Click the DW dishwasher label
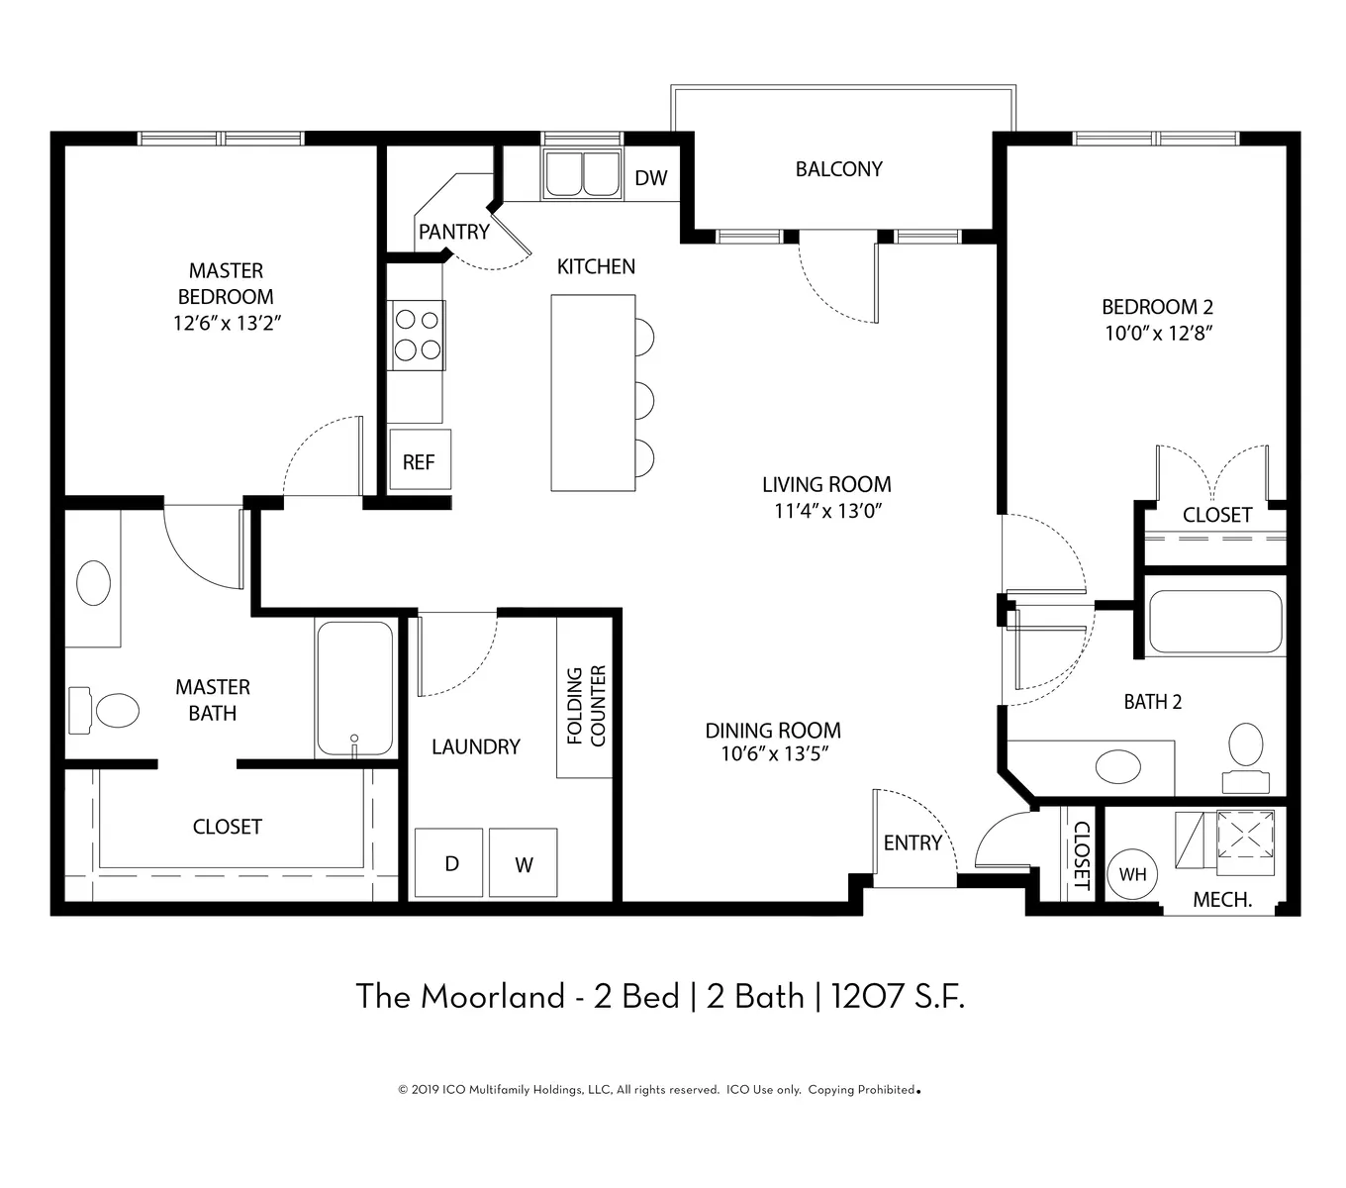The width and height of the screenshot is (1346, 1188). click(x=650, y=177)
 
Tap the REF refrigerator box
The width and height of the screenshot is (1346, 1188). click(x=420, y=459)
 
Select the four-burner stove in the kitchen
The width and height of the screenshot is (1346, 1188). click(x=417, y=335)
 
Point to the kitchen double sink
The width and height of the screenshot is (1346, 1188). click(x=583, y=173)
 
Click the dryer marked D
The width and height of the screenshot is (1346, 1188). click(x=448, y=862)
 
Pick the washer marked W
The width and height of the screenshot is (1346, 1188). click(x=523, y=862)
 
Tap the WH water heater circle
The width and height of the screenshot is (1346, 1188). click(x=1132, y=874)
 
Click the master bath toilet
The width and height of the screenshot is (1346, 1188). click(x=104, y=710)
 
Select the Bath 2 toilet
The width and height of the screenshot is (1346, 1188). click(x=1246, y=757)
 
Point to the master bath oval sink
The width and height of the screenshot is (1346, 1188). click(x=94, y=582)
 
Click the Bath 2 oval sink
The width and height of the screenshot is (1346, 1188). click(x=1118, y=766)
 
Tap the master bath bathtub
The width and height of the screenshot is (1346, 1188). click(x=355, y=689)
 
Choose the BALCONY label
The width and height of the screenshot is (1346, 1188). click(x=838, y=169)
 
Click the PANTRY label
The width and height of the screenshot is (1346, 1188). click(x=453, y=232)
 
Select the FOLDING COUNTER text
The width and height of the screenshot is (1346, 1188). click(x=586, y=705)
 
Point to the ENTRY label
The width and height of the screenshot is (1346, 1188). click(x=913, y=842)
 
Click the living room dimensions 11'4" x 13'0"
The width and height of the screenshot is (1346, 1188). click(x=827, y=511)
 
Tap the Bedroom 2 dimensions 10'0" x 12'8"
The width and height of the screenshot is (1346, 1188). click(x=1159, y=333)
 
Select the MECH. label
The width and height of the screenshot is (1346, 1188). click(x=1222, y=900)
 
